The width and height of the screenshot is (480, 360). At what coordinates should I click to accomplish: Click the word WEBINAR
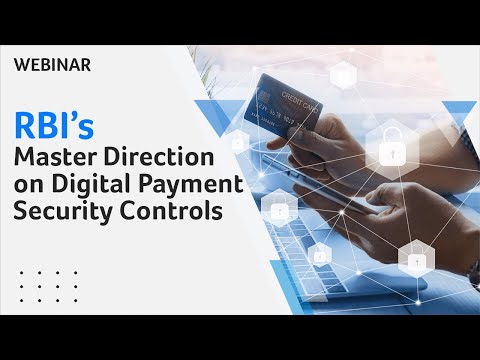tap(54, 66)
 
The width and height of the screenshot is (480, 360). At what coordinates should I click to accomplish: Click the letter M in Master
tap(24, 158)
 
